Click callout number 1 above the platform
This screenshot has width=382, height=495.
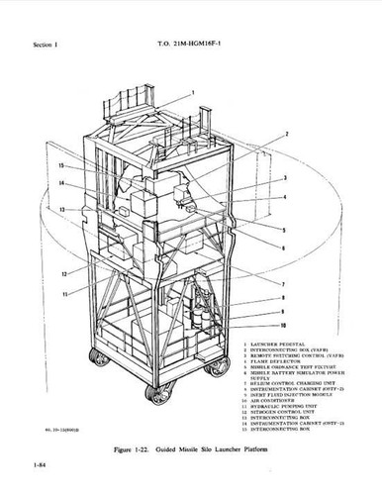point(193,92)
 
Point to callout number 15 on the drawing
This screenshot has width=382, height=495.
point(61,165)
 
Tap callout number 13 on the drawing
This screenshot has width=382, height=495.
point(61,210)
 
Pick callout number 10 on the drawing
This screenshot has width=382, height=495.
point(285,325)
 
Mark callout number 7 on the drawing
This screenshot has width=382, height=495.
point(285,283)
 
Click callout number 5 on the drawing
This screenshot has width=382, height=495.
point(285,230)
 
